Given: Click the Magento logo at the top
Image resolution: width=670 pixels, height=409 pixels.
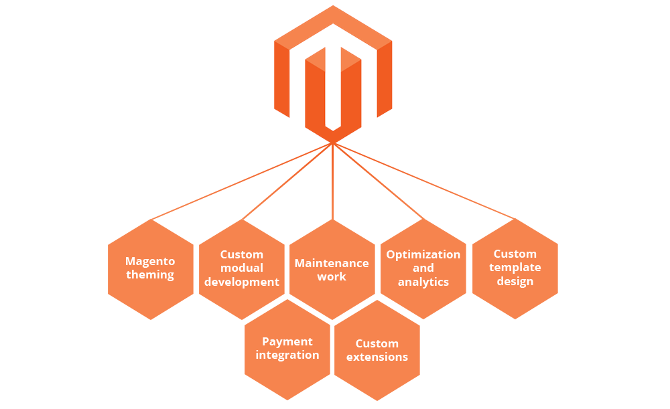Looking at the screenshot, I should (333, 74).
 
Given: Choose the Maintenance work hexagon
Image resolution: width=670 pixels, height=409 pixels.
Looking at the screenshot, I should (332, 269).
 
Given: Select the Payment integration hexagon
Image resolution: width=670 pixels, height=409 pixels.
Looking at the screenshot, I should (287, 349).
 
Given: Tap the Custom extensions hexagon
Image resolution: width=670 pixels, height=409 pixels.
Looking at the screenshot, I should (377, 350).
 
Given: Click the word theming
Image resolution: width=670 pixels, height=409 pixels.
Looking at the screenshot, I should (150, 275).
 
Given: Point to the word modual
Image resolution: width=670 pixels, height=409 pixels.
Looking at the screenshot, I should (242, 268).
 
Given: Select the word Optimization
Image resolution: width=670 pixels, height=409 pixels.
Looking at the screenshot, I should (423, 254).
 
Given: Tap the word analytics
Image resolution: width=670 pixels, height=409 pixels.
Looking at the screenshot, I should (423, 282).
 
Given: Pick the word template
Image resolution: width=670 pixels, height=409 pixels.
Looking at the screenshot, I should (515, 268).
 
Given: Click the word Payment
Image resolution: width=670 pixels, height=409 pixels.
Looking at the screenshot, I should (287, 341).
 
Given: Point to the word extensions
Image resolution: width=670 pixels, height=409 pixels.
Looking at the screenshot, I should (377, 357).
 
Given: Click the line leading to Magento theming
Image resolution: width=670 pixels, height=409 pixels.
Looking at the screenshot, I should (241, 181).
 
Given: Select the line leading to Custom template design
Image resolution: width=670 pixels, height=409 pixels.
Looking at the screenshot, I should (424, 181).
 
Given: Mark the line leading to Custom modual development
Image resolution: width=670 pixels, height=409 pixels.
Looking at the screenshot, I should (287, 181).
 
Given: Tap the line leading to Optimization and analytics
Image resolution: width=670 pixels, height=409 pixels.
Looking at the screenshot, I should (379, 181).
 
